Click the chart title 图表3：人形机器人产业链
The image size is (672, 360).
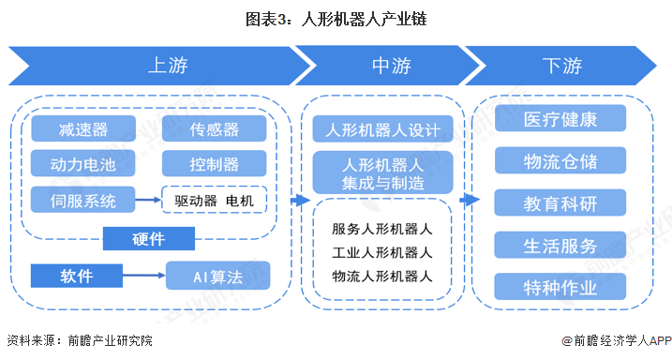pos(336,18)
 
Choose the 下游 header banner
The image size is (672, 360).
pos(562,66)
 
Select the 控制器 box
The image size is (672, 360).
pos(214,164)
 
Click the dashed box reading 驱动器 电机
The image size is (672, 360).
pos(214,200)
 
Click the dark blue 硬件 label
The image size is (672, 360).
pos(149,239)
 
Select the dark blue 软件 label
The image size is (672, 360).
pos(77,276)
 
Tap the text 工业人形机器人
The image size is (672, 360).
pos(382,252)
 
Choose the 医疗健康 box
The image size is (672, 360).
pos(560,119)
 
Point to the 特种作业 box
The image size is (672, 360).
pos(560,287)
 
